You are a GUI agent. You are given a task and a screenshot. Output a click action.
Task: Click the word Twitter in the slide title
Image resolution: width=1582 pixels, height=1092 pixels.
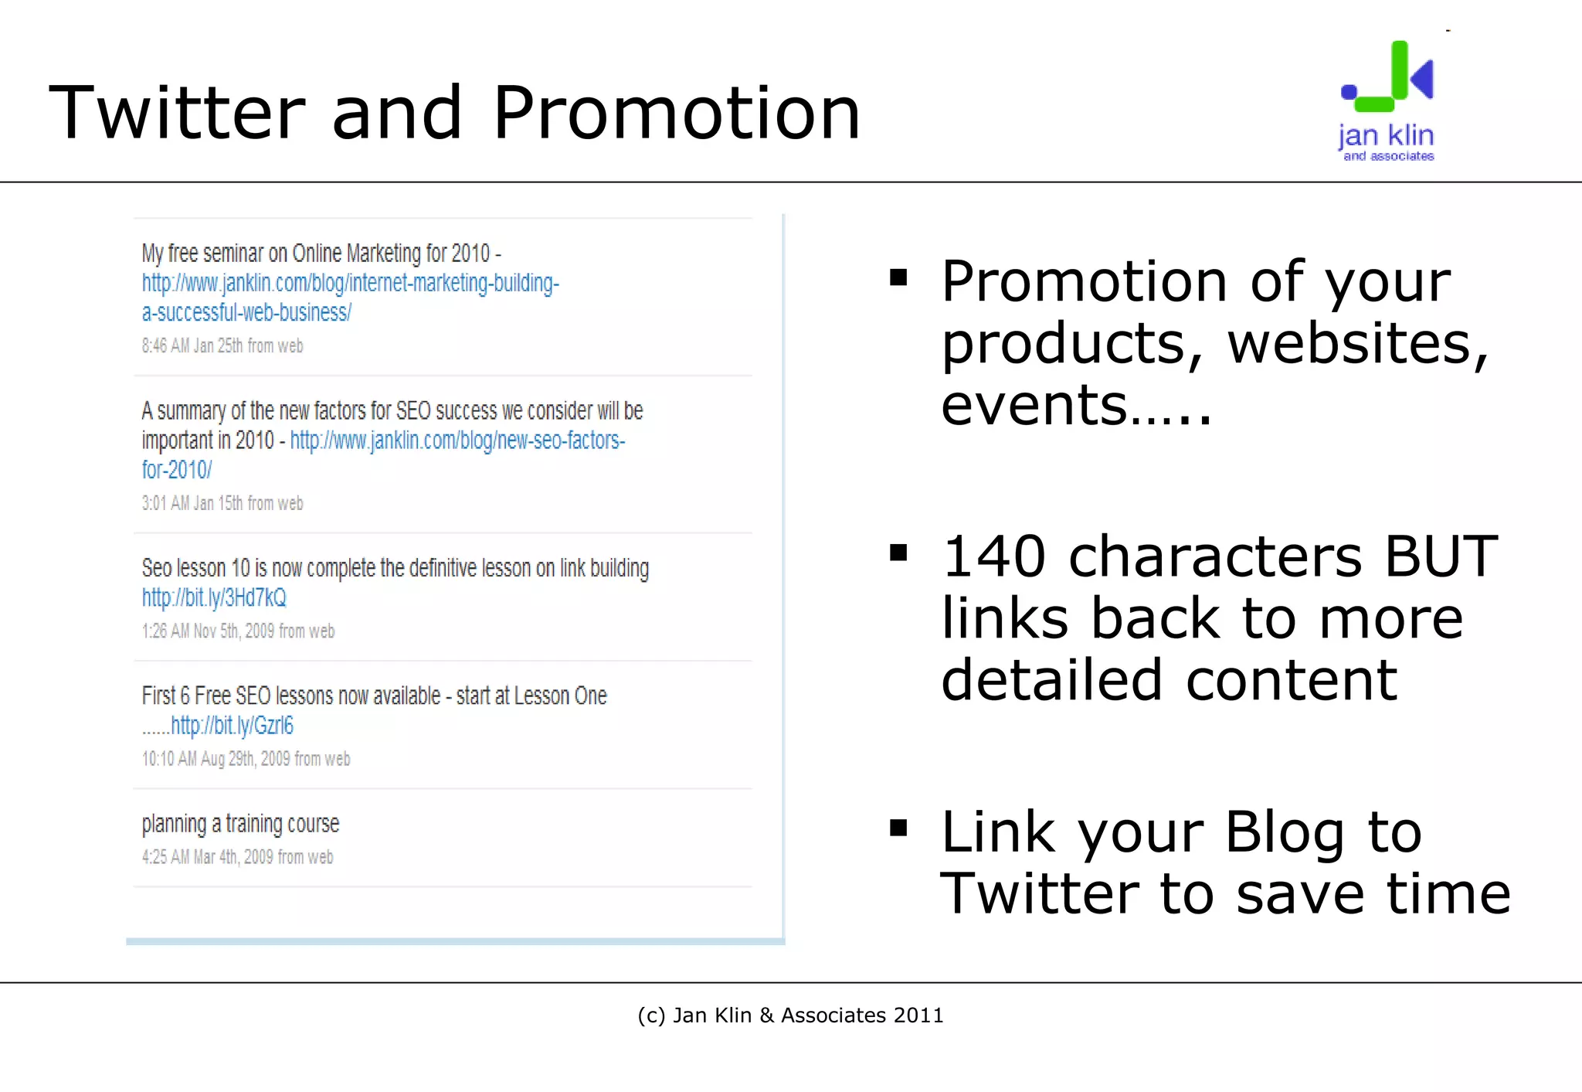(178, 113)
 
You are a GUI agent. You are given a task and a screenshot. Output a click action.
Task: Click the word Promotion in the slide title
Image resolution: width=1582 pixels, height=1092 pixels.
(677, 113)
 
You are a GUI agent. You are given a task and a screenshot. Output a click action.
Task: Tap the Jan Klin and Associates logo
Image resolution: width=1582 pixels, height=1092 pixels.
(1387, 101)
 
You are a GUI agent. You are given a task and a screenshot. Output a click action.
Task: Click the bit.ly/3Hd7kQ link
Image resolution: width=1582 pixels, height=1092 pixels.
(214, 597)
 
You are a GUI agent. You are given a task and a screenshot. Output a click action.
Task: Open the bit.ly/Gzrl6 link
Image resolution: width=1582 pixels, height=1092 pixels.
(232, 726)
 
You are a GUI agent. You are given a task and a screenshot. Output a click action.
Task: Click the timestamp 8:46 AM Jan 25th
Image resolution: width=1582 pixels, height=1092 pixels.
(222, 346)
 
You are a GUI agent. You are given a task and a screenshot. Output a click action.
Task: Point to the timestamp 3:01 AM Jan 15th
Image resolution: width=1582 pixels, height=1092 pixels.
(222, 504)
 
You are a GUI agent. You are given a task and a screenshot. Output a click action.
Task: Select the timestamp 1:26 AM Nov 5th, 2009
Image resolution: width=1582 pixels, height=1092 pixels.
(238, 631)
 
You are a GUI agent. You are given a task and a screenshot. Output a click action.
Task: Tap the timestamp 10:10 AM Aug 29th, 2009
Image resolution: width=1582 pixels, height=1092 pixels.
(246, 759)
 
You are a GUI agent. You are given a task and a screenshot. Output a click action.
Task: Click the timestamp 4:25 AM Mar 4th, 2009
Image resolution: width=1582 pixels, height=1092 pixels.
(237, 857)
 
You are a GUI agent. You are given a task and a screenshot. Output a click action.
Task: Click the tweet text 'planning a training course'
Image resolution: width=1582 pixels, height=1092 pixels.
(240, 824)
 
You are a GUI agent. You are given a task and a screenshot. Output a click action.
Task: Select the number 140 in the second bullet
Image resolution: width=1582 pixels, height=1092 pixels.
(994, 556)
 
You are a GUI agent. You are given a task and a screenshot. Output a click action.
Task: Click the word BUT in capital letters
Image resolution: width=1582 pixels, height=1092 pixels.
(1441, 556)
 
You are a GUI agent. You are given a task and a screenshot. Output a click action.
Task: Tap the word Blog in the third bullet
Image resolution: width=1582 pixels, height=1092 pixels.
(1284, 832)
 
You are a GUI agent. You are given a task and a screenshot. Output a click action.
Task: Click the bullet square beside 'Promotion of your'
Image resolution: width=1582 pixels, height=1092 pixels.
(898, 277)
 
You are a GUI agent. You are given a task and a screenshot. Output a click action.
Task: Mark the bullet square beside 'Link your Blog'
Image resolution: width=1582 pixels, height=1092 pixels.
(898, 828)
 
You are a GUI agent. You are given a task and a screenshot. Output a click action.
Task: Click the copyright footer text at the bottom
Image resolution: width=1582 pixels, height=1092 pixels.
(790, 1015)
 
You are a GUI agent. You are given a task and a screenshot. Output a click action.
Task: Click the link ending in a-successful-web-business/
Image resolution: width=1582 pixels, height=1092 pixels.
(246, 313)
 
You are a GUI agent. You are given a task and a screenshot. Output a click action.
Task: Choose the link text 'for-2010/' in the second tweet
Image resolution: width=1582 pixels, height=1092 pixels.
(176, 470)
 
